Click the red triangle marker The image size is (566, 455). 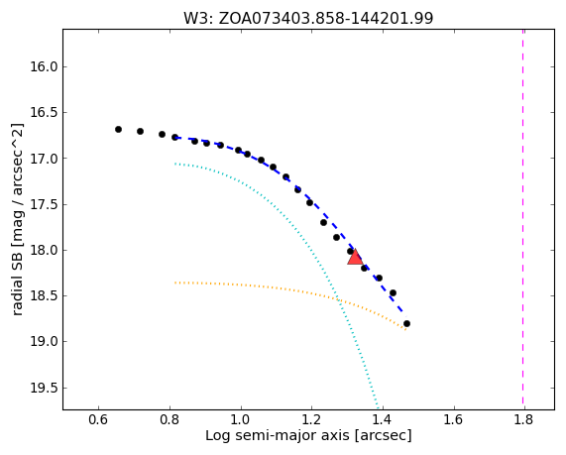tap(355, 257)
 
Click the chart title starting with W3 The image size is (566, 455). tap(308, 18)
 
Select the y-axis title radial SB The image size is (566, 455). tap(17, 220)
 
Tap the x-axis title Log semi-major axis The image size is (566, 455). tap(308, 435)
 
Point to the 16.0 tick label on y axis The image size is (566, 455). tap(43, 66)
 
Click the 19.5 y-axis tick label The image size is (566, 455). tap(43, 389)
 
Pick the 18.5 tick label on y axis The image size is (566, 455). tap(43, 296)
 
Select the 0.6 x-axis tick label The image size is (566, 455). tap(98, 420)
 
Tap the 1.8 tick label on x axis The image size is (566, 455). tap(524, 420)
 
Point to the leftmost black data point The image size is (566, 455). tap(118, 129)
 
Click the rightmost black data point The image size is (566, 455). tap(406, 323)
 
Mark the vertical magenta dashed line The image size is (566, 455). tap(522, 219)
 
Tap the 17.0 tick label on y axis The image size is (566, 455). tap(43, 159)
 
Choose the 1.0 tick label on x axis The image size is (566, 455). tap(241, 420)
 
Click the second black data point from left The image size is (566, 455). tap(140, 131)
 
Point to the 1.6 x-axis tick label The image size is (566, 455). tap(453, 420)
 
